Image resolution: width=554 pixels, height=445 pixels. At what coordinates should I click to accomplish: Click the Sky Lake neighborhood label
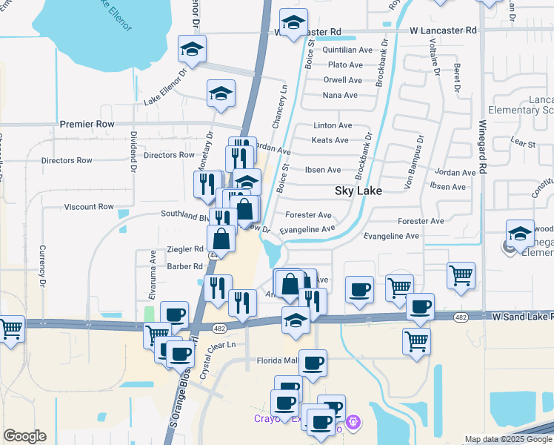[358, 191]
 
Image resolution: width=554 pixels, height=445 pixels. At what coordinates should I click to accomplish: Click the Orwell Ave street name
[343, 80]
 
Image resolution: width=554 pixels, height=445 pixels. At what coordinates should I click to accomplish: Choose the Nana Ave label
[340, 95]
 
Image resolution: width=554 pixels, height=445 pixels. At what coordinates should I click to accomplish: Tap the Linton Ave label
[333, 126]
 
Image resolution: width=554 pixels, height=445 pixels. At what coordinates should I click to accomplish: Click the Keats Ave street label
[330, 140]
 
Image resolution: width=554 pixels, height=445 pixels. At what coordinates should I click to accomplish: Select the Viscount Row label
[89, 207]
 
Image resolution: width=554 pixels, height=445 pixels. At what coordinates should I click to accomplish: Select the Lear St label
[523, 141]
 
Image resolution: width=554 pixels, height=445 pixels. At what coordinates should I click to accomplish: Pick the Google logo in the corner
[24, 436]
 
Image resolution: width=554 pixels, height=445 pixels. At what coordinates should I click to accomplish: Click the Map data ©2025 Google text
[508, 440]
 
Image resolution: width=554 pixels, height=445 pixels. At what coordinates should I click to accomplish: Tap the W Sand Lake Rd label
[523, 317]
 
